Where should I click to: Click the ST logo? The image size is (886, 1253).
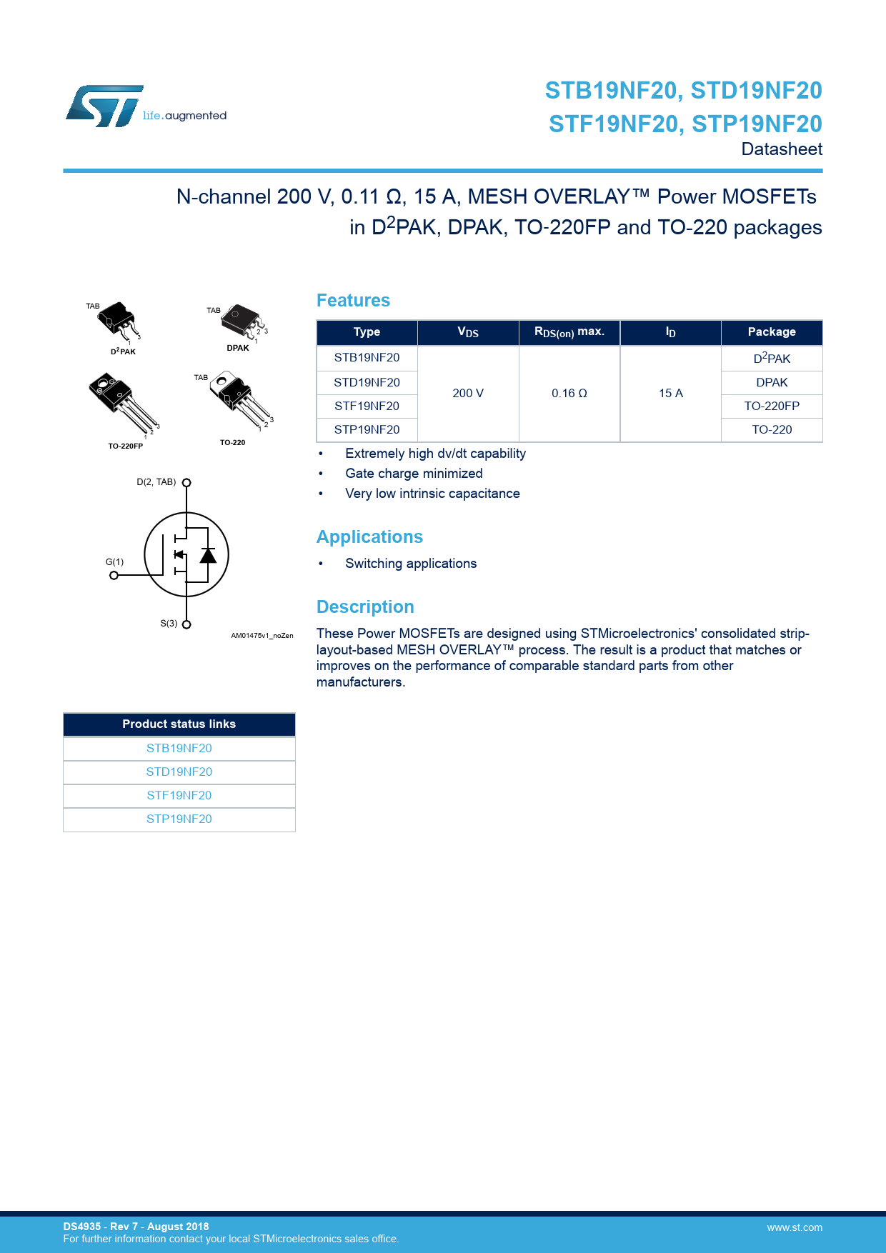coord(105,106)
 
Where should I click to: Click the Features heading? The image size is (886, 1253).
coord(353,301)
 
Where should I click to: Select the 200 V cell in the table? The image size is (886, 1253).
coord(468,394)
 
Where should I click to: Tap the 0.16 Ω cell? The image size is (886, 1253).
coord(569,394)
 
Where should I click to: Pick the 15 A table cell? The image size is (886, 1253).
coord(670,394)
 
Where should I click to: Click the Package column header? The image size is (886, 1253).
coord(772,332)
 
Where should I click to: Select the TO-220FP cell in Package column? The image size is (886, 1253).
coord(772,406)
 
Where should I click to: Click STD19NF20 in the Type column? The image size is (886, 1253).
coord(367,383)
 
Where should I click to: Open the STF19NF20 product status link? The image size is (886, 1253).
coord(179,796)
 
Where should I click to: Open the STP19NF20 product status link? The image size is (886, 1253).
coord(179,819)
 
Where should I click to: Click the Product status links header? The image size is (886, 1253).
coord(179,724)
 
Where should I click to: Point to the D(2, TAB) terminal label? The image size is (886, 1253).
coord(156,482)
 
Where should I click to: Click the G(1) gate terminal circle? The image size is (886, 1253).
coord(114,575)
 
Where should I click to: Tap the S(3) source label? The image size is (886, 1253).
coord(169,624)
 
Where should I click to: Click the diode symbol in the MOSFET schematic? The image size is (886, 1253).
coord(208,555)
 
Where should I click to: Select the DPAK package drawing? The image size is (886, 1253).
coord(242,322)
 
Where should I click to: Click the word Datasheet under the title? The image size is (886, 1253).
coord(782,149)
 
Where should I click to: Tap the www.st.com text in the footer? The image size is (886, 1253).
coord(795,1228)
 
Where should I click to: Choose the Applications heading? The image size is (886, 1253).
coord(369,537)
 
